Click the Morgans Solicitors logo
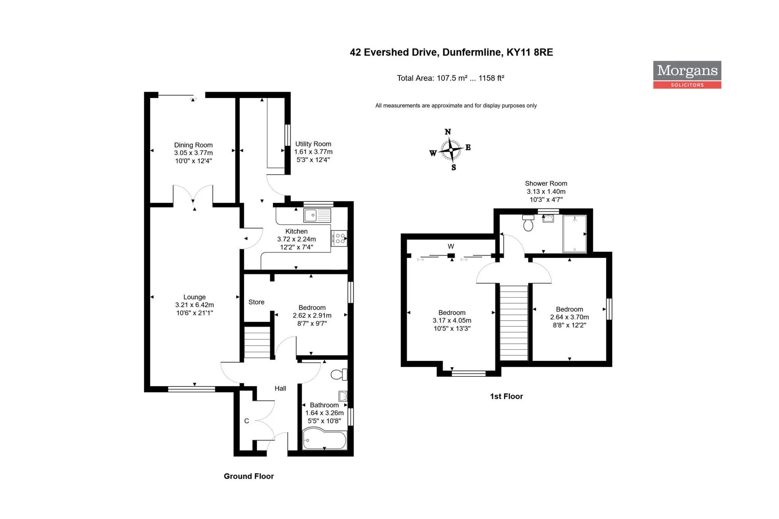687,75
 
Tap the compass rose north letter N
448,132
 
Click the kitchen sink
317,215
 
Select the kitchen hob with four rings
339,238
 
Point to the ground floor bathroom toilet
339,375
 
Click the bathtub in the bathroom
324,440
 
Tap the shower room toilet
528,223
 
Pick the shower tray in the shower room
574,233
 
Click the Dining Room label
193,145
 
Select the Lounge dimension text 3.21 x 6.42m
194,305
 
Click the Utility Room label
313,144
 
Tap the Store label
256,302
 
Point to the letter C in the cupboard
246,421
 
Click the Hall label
280,388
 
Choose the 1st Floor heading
506,396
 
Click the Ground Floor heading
249,476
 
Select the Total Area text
450,78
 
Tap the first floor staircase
514,323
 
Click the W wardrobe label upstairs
451,246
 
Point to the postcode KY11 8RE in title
529,52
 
